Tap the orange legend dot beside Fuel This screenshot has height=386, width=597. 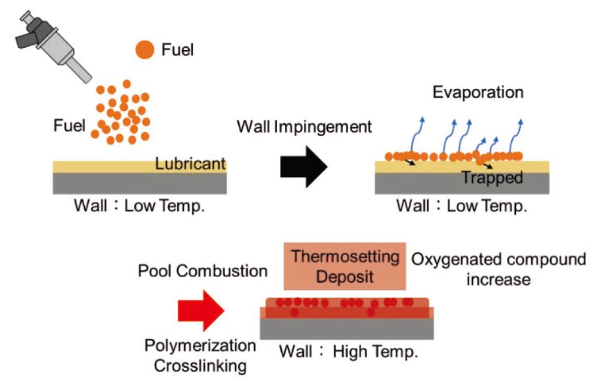pos(144,50)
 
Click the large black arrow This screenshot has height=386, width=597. pos(304,166)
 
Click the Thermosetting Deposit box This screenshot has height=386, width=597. pos(345,267)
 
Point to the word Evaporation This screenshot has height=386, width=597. pos(478,93)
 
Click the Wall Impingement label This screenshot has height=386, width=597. pos(304,127)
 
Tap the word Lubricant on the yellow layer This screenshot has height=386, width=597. pos(190,164)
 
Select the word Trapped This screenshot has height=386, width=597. pos(493,177)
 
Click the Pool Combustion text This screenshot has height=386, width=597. pos(203,271)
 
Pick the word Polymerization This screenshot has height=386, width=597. pos(201,346)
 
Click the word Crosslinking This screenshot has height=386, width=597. pos(201,365)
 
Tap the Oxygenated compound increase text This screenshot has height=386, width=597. pos(498,269)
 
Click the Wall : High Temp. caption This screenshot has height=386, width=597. pos(349,351)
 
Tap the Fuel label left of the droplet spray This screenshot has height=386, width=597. pos(69,125)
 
